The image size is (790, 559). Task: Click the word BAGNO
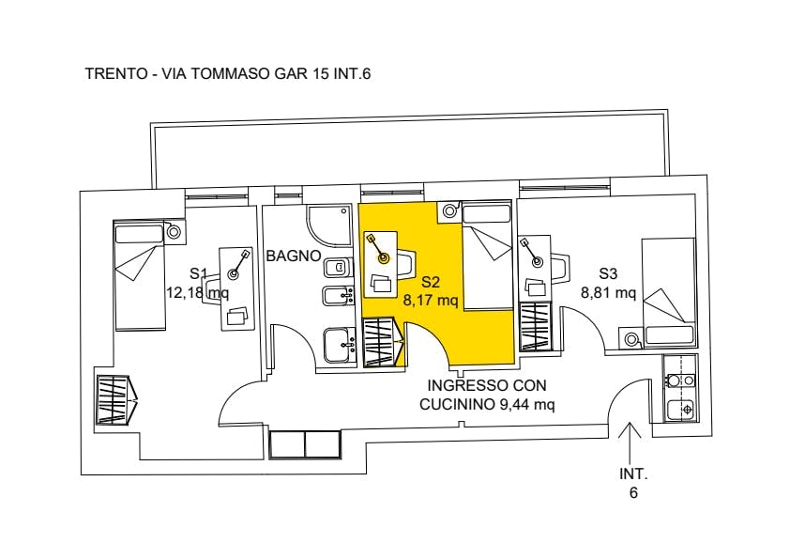point(294,256)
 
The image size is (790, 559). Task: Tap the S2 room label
point(432,282)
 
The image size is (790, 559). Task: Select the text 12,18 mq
point(197,292)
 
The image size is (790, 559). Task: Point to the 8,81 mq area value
point(608,292)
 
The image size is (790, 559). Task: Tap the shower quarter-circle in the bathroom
point(328,225)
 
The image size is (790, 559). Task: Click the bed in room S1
point(140,275)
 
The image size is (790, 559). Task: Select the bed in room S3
point(669,292)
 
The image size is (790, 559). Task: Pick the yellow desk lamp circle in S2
point(384,257)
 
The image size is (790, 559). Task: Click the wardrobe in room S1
point(116,399)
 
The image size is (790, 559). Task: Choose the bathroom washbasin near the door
point(340,345)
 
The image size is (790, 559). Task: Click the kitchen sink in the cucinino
point(680,410)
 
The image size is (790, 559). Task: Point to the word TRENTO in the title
point(115,73)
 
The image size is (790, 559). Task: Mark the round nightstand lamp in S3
point(631,339)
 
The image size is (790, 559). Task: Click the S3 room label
point(608,274)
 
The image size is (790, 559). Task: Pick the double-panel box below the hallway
point(305,444)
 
